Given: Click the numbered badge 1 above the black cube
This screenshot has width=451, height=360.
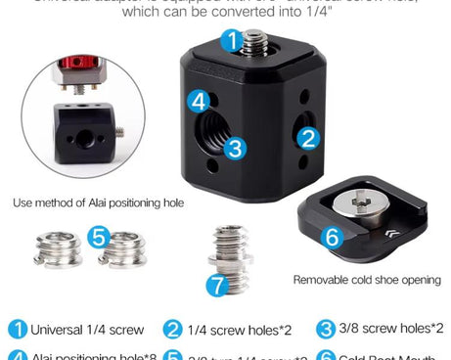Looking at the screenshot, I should (x=229, y=41).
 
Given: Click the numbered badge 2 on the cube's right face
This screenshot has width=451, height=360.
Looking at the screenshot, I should (x=309, y=139).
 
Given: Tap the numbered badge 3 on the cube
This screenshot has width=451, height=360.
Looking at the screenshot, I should (x=235, y=149).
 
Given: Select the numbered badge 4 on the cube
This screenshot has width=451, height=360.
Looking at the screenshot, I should (x=200, y=101).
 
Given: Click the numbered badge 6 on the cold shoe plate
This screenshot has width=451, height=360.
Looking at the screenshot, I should (x=332, y=237).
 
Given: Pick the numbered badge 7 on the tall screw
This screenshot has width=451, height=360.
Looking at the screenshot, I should (x=217, y=285).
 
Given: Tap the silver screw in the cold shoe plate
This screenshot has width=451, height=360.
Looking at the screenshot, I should (x=358, y=203).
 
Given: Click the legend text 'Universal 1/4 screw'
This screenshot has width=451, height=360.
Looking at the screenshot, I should (x=87, y=330).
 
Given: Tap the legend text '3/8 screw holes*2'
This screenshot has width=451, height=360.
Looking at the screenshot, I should (x=390, y=329).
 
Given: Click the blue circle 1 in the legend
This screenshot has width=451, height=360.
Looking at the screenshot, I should (x=18, y=330).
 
